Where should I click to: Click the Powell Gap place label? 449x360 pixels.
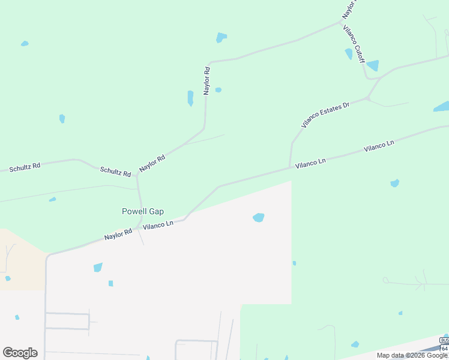(x=143, y=211)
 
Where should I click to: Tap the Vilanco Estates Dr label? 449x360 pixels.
(x=325, y=115)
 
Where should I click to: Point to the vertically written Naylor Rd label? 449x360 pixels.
(x=207, y=80)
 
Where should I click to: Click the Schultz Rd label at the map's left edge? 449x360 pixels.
(x=25, y=167)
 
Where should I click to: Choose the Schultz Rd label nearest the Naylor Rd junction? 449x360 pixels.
(x=115, y=172)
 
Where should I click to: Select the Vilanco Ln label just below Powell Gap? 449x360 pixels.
(x=158, y=224)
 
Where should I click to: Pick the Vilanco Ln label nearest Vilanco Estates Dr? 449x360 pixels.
(x=310, y=163)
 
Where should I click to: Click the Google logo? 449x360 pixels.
(x=20, y=353)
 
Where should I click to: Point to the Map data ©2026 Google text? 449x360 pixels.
(x=412, y=355)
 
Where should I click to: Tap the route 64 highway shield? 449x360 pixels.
(x=445, y=348)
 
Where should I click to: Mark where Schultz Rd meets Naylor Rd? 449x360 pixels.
(x=137, y=176)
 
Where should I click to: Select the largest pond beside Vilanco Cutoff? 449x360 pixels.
(x=373, y=65)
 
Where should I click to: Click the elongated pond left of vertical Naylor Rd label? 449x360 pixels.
(x=190, y=98)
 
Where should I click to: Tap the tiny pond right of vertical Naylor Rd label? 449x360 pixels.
(x=218, y=90)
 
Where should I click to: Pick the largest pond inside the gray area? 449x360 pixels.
(x=259, y=217)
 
